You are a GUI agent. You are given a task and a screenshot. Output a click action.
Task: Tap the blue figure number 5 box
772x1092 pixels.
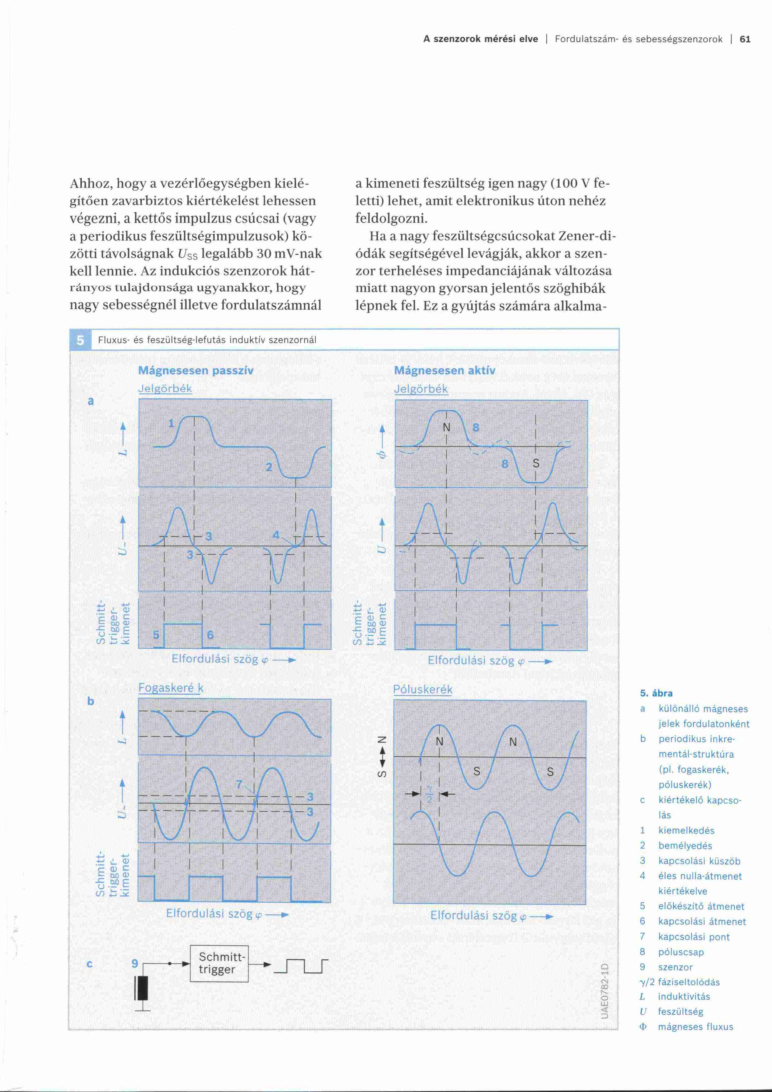pyautogui.click(x=80, y=340)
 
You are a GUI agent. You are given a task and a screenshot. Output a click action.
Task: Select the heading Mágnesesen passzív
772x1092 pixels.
pyautogui.click(x=195, y=371)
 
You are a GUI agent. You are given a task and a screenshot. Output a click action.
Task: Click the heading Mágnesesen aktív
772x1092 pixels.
pyautogui.click(x=445, y=371)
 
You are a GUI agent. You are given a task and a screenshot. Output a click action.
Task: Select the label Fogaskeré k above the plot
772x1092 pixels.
pyautogui.click(x=171, y=688)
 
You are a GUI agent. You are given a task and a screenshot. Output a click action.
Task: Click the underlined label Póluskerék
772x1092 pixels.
pyautogui.click(x=423, y=690)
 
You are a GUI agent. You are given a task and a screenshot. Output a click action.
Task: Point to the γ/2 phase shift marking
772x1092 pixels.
pyautogui.click(x=430, y=793)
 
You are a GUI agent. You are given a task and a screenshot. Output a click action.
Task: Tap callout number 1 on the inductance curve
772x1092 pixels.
pyautogui.click(x=172, y=423)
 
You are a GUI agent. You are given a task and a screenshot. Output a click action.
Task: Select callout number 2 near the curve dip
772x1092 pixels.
pyautogui.click(x=269, y=467)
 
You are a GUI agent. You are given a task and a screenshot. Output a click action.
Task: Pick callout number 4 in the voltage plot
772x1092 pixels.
pyautogui.click(x=276, y=535)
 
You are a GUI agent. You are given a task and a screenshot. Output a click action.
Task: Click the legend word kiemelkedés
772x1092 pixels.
pyautogui.click(x=686, y=830)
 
